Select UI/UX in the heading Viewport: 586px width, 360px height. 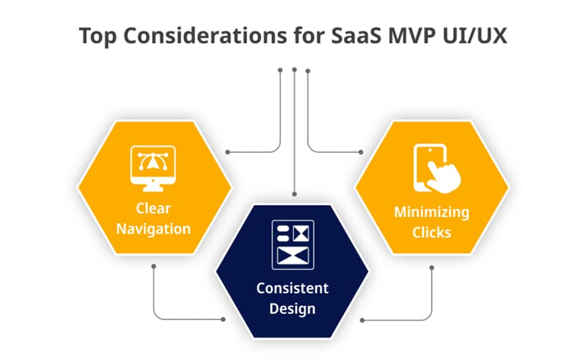pos(474,36)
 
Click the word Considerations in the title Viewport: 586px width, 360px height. pos(205,36)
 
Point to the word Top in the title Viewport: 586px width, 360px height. pos(98,37)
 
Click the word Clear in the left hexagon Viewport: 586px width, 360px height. pos(153,208)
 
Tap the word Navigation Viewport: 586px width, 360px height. pos(153,229)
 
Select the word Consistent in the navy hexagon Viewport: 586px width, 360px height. pos(292,288)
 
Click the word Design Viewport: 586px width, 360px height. pos(292,309)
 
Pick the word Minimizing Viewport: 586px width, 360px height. pos(431,212)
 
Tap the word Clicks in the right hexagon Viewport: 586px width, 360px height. pos(431,232)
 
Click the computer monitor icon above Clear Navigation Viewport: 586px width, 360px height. pos(153,168)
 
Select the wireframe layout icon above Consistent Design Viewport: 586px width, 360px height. pos(293,245)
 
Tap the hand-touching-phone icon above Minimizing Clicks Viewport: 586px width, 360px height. pos(437,168)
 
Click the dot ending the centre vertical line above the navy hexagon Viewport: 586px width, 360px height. pos(294,194)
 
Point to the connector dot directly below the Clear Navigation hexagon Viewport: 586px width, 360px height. pos(153,266)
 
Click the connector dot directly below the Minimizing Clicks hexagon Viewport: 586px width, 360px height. pos(431,268)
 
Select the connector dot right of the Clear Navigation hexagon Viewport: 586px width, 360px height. pos(228,152)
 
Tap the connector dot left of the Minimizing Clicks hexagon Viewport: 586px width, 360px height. pos(361,152)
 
